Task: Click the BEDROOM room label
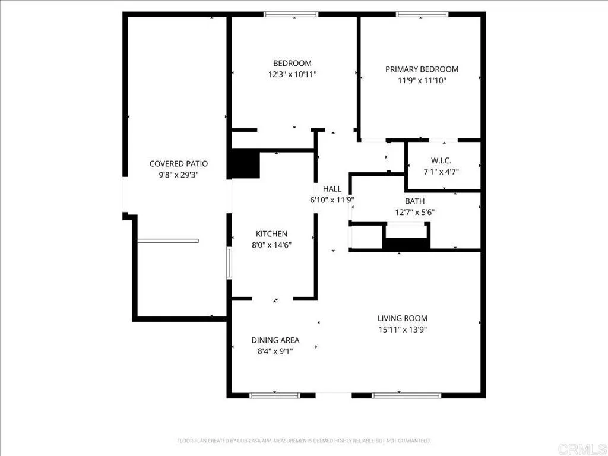click(x=292, y=64)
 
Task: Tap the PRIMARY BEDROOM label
click(x=422, y=69)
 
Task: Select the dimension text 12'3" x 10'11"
click(x=292, y=75)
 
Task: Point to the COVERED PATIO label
click(x=179, y=164)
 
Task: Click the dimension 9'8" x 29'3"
click(x=179, y=175)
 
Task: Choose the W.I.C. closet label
click(x=441, y=160)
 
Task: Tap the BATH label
click(x=415, y=201)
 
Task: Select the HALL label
click(x=332, y=189)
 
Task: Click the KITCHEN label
click(x=271, y=234)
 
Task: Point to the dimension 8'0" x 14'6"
click(x=271, y=245)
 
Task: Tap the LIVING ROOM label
click(x=403, y=318)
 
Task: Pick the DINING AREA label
click(x=275, y=340)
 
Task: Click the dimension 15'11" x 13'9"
click(x=403, y=330)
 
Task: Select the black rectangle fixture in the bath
click(x=407, y=243)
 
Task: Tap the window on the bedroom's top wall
click(x=291, y=14)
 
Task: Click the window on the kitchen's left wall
click(x=229, y=263)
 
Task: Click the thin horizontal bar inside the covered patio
click(x=167, y=240)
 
